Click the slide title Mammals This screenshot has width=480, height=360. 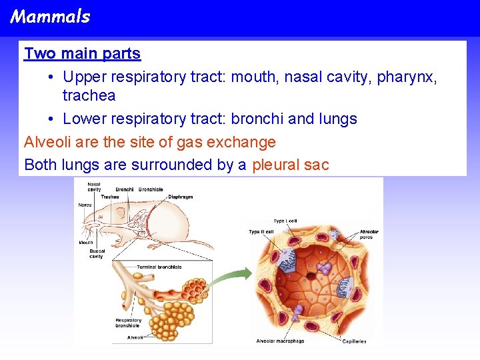tap(51, 17)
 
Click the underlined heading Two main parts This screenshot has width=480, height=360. tap(82, 53)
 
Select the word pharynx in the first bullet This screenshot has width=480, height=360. tap(407, 77)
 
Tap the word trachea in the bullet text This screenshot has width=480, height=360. tap(89, 95)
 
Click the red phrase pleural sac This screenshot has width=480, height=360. tap(290, 165)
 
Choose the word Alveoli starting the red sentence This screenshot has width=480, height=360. tap(47, 142)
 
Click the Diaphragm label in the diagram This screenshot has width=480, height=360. tap(180, 197)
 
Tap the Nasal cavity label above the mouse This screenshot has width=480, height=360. tap(94, 187)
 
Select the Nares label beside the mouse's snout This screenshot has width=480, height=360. tap(85, 205)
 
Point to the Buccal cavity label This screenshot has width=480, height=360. tap(97, 253)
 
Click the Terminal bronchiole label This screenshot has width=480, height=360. tap(159, 267)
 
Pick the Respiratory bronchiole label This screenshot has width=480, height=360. tap(128, 323)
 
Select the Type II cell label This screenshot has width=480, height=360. tap(261, 231)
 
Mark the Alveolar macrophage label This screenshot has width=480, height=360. tap(280, 341)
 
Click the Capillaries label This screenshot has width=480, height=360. tap(354, 341)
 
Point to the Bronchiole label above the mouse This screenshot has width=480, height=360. tap(151, 189)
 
